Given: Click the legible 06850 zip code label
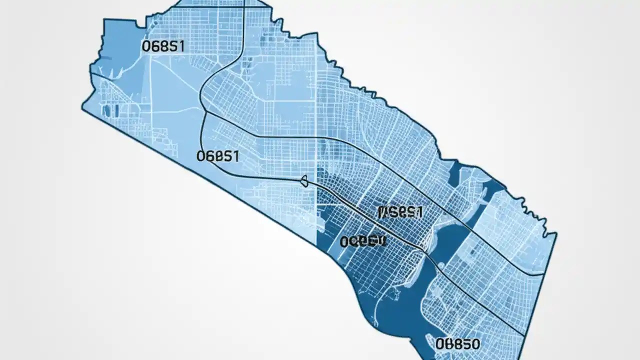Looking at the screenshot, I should [457, 344].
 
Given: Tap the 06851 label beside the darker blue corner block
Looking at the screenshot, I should [163, 46].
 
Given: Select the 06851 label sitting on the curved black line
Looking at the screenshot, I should [217, 155].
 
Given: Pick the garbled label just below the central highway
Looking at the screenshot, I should [363, 241].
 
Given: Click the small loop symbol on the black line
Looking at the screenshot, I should [304, 181].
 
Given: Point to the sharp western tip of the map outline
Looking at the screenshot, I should [82, 106].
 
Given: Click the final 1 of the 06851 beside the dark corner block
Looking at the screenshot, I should [181, 46].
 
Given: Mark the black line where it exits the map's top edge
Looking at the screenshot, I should [243, 2].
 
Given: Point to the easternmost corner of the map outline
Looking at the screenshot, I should [556, 235].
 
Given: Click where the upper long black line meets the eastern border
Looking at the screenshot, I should [544, 274].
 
